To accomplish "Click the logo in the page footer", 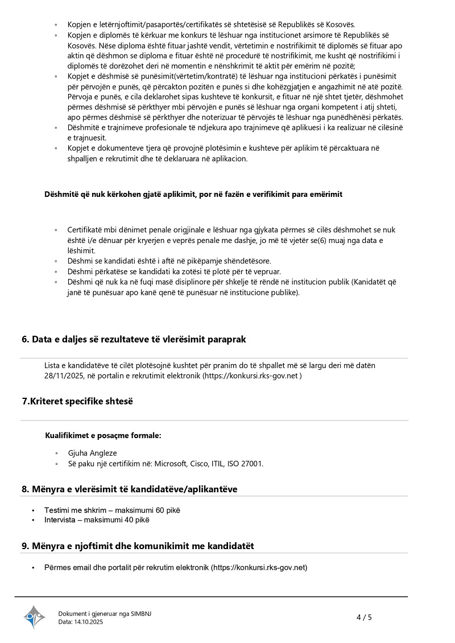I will pos(34,617).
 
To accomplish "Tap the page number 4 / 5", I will pos(364,617).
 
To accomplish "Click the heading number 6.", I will pos(25,339).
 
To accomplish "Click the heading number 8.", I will pos(25,489).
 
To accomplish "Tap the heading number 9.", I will pos(25,546).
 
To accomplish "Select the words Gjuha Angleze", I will pos(92,453).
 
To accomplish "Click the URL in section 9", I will pos(259,567).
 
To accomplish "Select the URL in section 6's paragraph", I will pos(251,376).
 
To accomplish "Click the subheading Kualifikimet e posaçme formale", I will pos(103,436).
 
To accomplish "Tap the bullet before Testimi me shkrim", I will pos(34,510).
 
